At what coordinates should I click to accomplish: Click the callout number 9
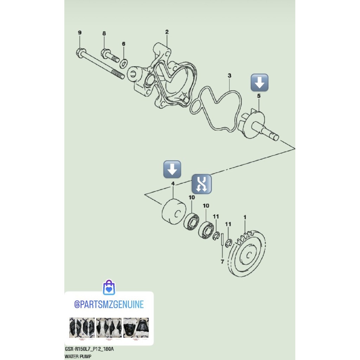click(x=79, y=33)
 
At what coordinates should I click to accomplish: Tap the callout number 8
click(x=104, y=33)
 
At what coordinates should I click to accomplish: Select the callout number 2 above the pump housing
click(x=167, y=32)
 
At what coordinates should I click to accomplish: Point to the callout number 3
click(x=229, y=76)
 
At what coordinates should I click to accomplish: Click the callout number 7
click(x=222, y=262)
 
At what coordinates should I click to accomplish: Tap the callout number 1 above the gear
click(x=245, y=218)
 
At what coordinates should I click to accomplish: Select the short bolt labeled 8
click(x=110, y=56)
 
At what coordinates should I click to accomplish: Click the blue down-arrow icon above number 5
click(x=259, y=83)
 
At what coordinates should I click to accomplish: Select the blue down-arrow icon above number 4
click(x=172, y=169)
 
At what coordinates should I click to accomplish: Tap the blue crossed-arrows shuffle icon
click(x=201, y=184)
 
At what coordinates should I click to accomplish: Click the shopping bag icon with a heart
click(x=109, y=288)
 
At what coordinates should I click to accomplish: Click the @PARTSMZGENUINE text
click(x=109, y=304)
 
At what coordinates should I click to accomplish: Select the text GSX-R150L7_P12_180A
click(x=89, y=350)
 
